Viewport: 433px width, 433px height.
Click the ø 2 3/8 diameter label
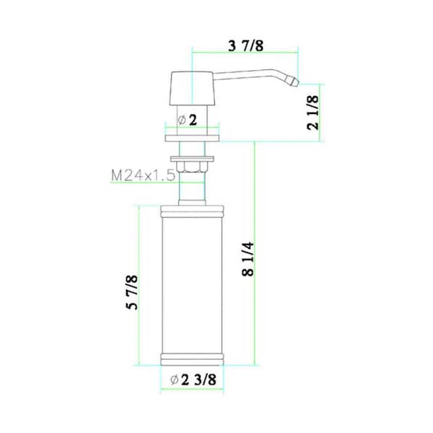coord(193,381)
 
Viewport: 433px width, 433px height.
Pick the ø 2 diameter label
coord(188,121)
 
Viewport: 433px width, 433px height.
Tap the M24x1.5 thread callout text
coord(144,175)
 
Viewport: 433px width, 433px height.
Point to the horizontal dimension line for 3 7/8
coord(245,52)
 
